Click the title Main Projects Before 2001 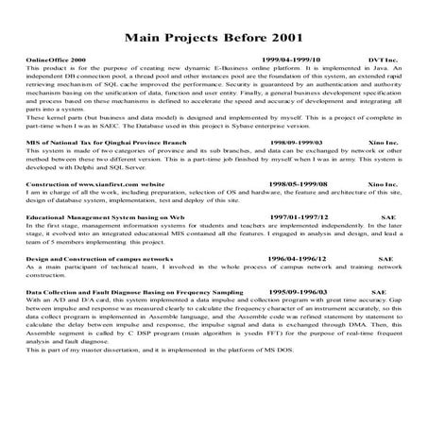tap(214, 38)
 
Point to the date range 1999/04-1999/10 tap(291, 59)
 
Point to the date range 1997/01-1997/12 tap(300, 243)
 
